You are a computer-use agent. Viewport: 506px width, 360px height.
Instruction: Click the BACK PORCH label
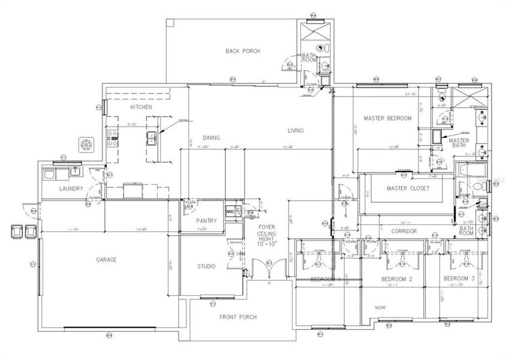click(243, 51)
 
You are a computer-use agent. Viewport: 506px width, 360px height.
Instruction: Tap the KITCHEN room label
click(141, 107)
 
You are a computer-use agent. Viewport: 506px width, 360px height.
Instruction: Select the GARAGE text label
click(106, 260)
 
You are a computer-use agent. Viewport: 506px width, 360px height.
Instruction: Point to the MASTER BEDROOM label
click(388, 118)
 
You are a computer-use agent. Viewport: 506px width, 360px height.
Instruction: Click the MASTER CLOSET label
click(408, 188)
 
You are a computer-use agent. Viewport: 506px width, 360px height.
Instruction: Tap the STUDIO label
click(206, 266)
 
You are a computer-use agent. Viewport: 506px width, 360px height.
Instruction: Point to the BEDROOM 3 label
click(459, 280)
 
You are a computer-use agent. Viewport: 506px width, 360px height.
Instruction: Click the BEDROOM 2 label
click(397, 280)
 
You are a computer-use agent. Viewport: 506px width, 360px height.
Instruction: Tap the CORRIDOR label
click(403, 230)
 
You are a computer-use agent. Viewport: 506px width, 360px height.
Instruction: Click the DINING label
click(211, 137)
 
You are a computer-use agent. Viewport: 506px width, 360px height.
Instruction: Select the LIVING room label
click(295, 130)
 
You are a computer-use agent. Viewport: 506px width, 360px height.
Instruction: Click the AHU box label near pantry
click(230, 212)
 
